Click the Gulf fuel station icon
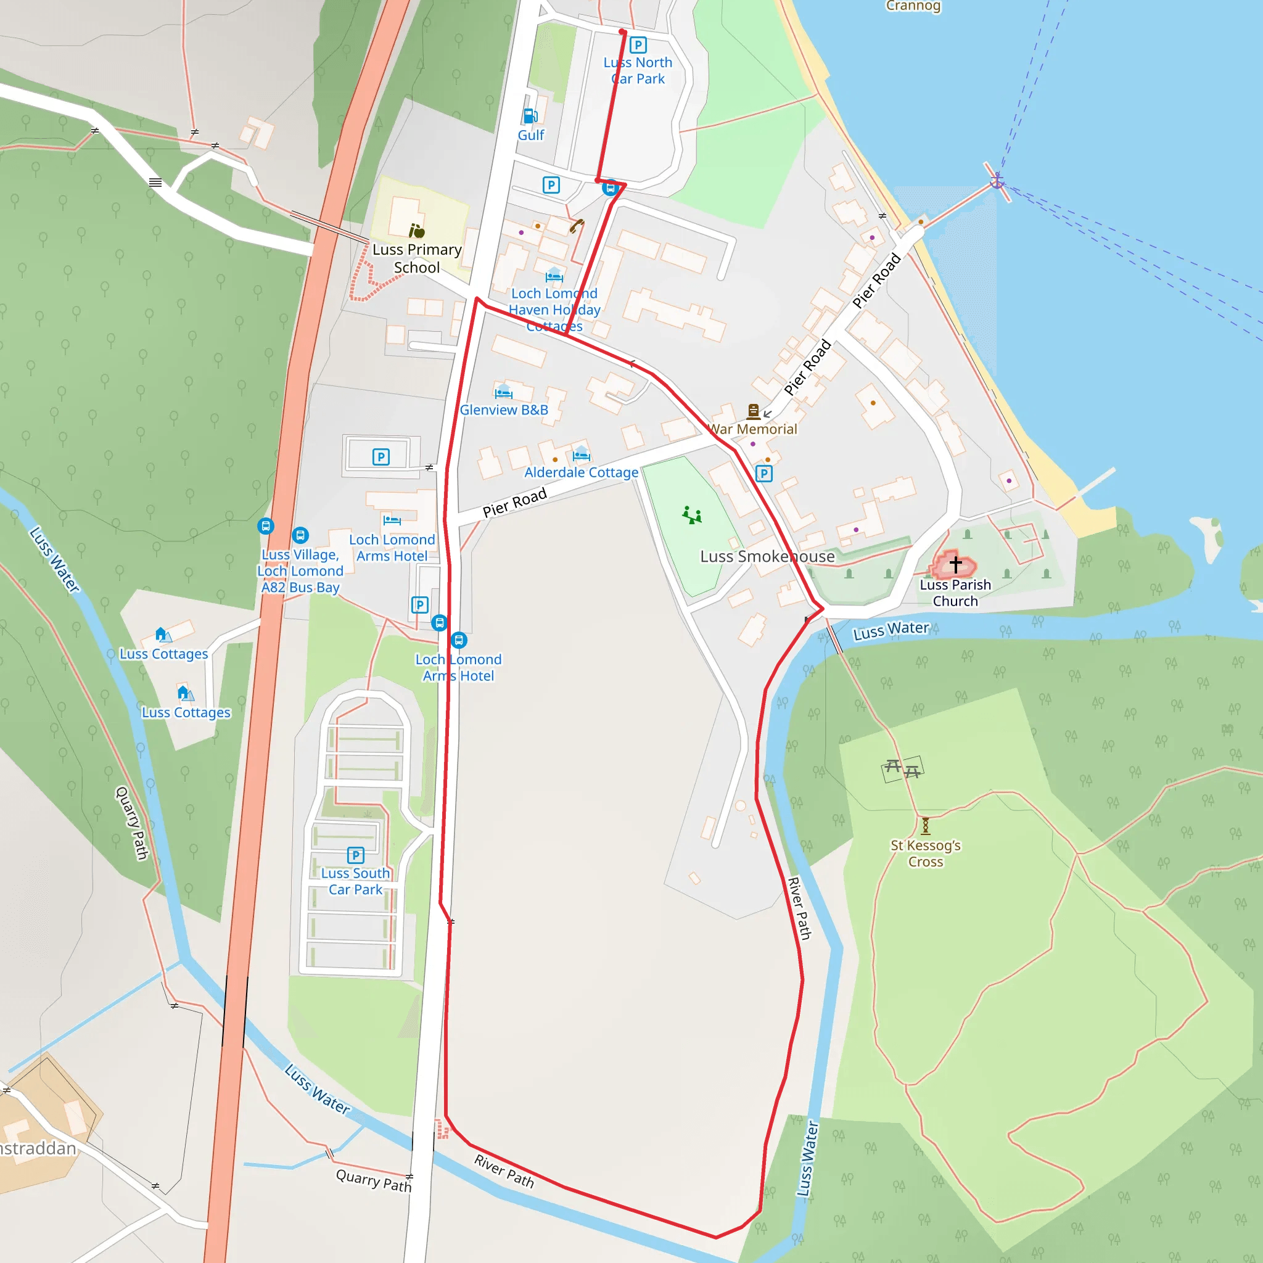point(530,117)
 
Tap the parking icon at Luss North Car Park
point(638,45)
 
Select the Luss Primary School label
point(417,258)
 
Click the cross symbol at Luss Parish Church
point(955,564)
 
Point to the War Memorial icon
point(753,411)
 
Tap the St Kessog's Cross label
point(925,853)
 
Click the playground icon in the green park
point(692,515)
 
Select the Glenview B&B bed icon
point(503,392)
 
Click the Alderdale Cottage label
point(581,472)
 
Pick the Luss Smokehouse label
point(767,556)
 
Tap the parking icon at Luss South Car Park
point(356,855)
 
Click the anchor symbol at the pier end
point(997,180)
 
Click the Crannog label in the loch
point(913,6)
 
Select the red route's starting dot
point(622,32)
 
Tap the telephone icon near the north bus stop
point(576,226)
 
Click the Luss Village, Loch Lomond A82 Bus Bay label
point(300,570)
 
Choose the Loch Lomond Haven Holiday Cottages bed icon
point(554,275)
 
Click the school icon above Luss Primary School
point(416,230)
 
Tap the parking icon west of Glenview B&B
point(381,457)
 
